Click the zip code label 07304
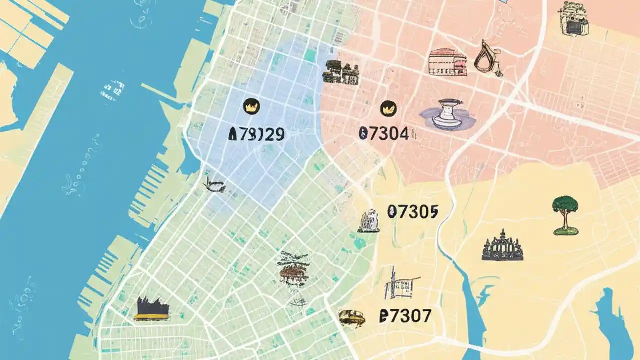[384, 133]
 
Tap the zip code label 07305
[412, 212]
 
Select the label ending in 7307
[405, 316]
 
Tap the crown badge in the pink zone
[388, 107]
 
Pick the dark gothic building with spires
[502, 246]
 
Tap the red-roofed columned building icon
[447, 62]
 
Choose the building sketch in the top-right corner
[573, 19]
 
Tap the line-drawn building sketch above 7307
[400, 285]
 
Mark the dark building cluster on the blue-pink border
[341, 72]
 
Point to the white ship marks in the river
[112, 92]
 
